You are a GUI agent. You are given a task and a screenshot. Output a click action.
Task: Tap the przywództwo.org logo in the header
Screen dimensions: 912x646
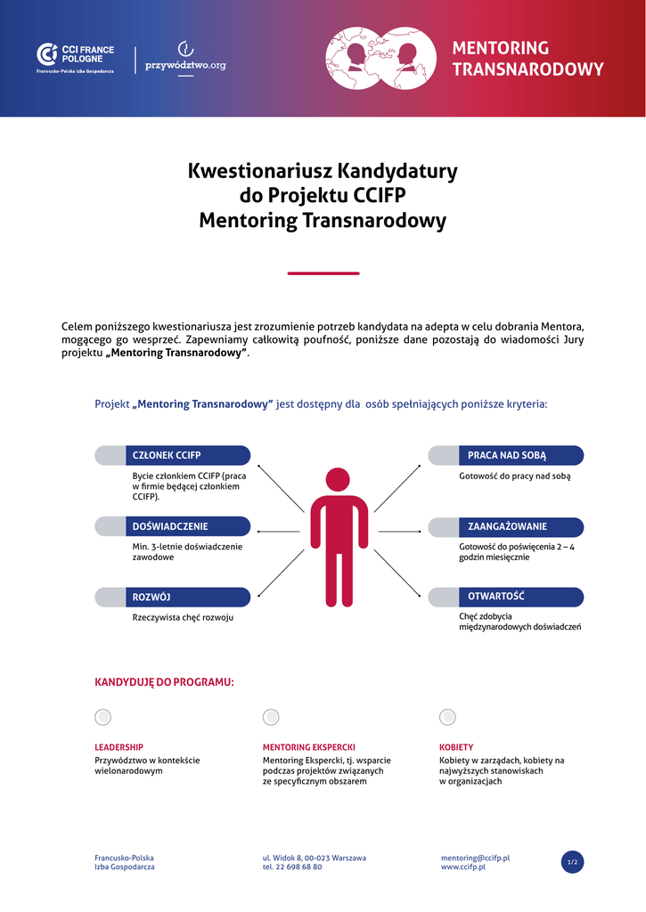(x=185, y=59)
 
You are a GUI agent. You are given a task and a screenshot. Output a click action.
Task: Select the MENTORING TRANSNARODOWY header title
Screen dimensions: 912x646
(x=527, y=59)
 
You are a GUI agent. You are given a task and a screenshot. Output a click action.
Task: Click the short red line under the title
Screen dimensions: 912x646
(x=323, y=273)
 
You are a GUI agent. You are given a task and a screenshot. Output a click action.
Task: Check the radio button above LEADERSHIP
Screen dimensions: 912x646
(x=103, y=717)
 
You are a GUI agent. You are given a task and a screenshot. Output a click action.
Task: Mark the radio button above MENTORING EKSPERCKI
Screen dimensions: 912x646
(x=271, y=717)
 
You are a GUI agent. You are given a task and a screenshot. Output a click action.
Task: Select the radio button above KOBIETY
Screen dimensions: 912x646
(x=447, y=717)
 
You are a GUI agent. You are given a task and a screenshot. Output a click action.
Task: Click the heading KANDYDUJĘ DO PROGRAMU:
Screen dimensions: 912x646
(x=164, y=682)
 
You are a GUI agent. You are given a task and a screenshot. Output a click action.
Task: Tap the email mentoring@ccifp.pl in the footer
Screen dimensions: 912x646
(x=475, y=858)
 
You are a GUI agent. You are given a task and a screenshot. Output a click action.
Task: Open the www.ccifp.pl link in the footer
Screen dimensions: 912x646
(x=462, y=867)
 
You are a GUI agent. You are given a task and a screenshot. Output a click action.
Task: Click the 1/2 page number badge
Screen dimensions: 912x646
(x=573, y=862)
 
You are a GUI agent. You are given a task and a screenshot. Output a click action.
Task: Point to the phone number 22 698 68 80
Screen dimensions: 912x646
(x=298, y=867)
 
